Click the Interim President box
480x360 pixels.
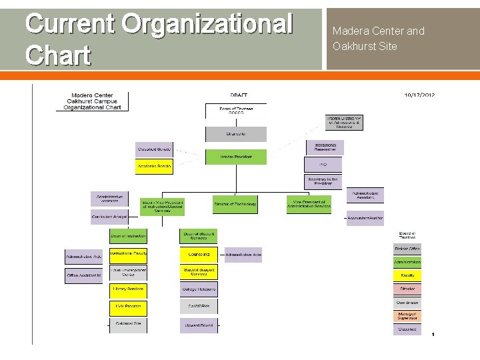[x=235, y=157]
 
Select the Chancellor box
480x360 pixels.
[x=235, y=134]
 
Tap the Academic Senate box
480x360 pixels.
[x=155, y=166]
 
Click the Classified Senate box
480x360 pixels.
[x=155, y=149]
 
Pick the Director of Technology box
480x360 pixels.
[x=235, y=205]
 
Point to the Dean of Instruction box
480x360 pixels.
[x=128, y=235]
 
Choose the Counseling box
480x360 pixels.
[x=199, y=254]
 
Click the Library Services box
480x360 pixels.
[x=128, y=289]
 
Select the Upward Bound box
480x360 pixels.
[x=198, y=325]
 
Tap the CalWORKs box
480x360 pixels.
[x=198, y=307]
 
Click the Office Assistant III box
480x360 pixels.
[x=83, y=275]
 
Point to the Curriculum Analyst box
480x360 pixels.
[x=109, y=217]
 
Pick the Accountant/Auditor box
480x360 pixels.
[x=365, y=218]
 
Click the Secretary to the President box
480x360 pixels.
[x=323, y=181]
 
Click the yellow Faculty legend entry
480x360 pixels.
[x=407, y=275]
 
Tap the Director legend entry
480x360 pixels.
[x=407, y=289]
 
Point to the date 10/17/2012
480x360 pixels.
[x=419, y=95]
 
